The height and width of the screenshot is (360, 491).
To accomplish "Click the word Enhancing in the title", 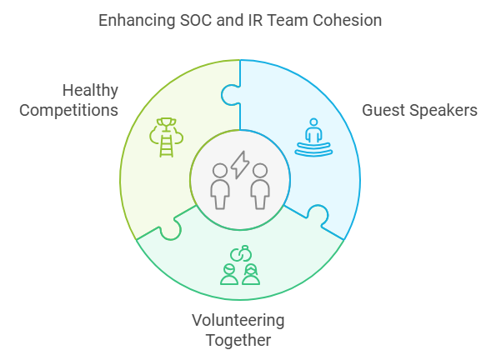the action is pos(137,21).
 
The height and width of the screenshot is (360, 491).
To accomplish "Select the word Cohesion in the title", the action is pos(348,20).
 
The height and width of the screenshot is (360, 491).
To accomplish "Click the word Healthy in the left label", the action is pos(90,91).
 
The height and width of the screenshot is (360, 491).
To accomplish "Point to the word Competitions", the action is pos(69,111).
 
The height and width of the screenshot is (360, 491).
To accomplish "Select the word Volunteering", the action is pos(238,321).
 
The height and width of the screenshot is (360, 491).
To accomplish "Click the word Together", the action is pos(238,340).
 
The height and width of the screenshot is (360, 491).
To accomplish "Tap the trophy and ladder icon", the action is pos(166,137).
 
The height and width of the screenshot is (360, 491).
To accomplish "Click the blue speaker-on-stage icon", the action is pos(313,137).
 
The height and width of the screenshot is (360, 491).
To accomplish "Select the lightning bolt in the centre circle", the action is pos(240,165).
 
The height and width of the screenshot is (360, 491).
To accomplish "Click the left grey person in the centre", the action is pos(220,186).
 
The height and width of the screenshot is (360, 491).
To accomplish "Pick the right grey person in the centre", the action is pos(260,186).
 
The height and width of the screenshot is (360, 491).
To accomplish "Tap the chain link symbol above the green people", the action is pos(241,253).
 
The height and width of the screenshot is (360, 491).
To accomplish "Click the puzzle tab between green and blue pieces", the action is pos(230,94).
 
